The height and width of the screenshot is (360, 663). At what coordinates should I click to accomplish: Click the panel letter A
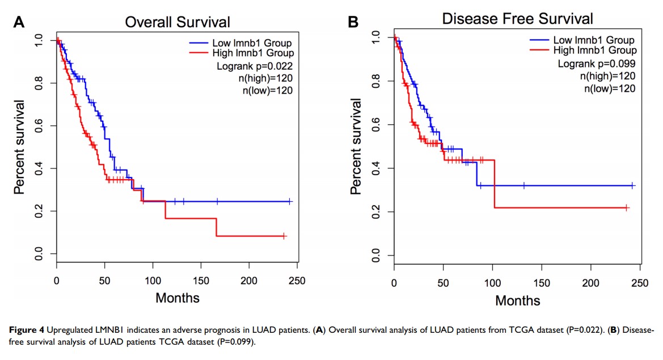(19, 23)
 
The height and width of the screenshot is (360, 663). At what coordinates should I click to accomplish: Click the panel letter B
(353, 23)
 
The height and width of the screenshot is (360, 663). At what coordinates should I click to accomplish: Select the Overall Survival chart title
(178, 22)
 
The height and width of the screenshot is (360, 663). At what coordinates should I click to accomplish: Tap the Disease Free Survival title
(517, 19)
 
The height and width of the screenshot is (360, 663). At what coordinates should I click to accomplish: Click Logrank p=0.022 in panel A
(255, 66)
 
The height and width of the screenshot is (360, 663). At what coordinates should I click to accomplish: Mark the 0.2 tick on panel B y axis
(375, 212)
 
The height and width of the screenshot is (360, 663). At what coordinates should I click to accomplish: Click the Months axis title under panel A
(178, 297)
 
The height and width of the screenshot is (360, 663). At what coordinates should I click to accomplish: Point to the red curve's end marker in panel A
(284, 236)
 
